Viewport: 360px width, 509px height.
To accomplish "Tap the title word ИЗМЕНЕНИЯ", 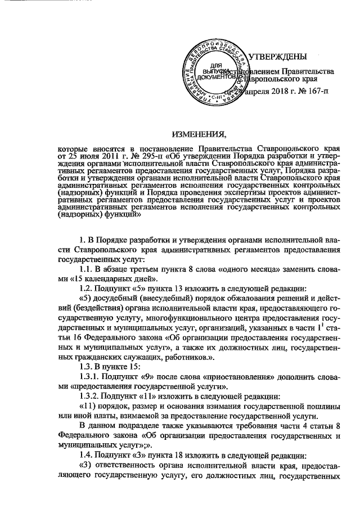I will tap(198, 133).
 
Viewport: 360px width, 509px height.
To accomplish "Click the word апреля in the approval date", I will tap(253, 91).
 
